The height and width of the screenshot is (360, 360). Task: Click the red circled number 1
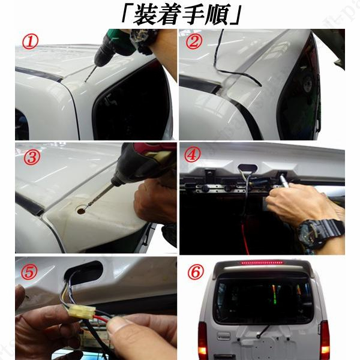[30, 43]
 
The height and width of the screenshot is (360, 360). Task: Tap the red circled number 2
[194, 41]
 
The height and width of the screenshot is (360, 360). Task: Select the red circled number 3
[32, 157]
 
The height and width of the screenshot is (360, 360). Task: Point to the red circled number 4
[193, 154]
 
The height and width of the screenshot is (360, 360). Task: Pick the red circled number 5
[29, 272]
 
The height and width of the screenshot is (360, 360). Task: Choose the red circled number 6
[196, 272]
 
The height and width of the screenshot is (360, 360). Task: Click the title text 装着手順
[181, 14]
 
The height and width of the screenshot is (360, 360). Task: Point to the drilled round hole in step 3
[81, 211]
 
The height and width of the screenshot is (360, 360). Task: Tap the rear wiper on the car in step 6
[263, 331]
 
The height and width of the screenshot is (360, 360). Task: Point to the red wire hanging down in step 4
[245, 239]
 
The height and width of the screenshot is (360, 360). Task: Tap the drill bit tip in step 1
[85, 81]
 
